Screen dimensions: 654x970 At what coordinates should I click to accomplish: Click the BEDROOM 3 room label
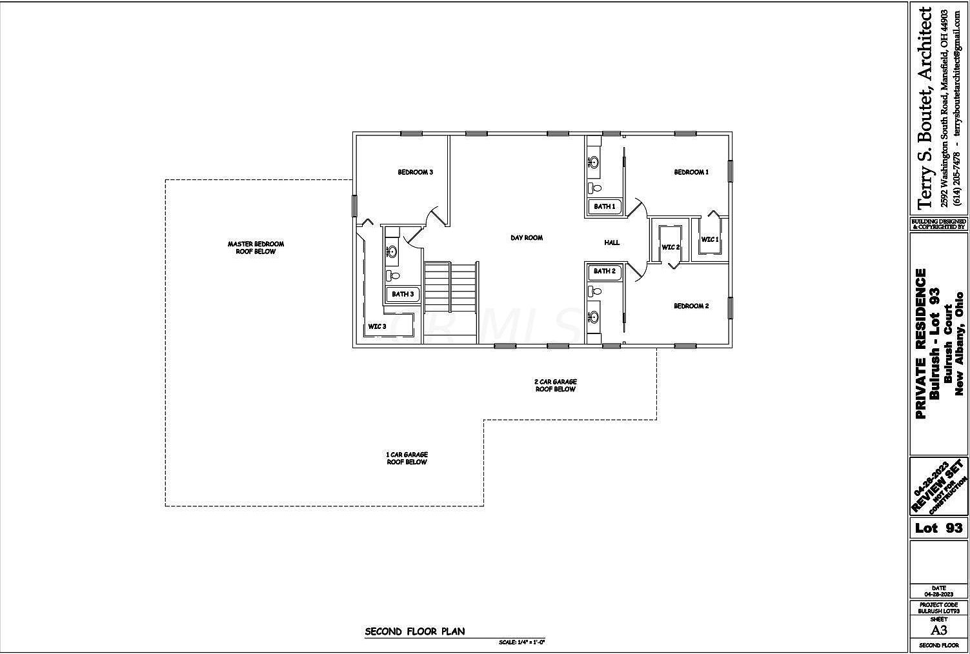click(x=415, y=172)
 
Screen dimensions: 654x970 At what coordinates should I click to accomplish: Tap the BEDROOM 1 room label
click(x=691, y=172)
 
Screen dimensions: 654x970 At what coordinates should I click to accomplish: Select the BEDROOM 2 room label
click(x=691, y=306)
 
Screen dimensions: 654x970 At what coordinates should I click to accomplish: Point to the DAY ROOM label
click(x=527, y=238)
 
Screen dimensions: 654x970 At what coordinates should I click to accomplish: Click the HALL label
click(x=612, y=243)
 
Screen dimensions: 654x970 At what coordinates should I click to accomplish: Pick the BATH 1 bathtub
click(x=605, y=206)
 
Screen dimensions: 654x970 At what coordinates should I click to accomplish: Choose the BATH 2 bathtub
click(x=605, y=272)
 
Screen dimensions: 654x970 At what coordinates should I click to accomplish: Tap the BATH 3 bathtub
click(x=403, y=295)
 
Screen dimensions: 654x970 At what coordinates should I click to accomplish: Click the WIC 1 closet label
click(x=709, y=240)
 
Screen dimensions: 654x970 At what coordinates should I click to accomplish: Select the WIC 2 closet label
click(x=671, y=247)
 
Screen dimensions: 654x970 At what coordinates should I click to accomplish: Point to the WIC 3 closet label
click(x=377, y=326)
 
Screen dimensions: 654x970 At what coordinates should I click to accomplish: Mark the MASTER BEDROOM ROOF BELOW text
click(x=256, y=248)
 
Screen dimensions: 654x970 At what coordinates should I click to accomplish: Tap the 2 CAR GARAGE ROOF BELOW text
click(x=555, y=386)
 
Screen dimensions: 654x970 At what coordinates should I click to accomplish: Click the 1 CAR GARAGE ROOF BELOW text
click(x=407, y=459)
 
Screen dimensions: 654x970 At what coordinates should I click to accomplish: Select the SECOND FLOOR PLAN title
click(x=414, y=631)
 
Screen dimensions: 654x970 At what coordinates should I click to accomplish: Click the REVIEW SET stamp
click(x=939, y=486)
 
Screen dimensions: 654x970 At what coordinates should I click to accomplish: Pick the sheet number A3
click(x=938, y=630)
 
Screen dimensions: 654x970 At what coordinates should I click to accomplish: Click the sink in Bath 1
click(x=593, y=163)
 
